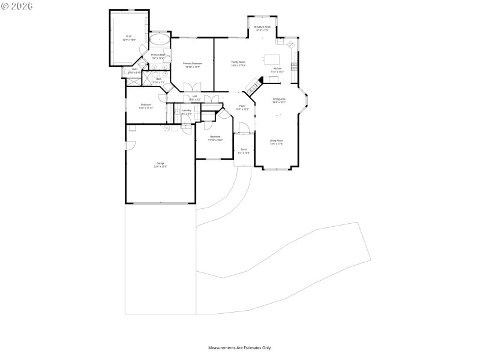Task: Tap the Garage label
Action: point(161,164)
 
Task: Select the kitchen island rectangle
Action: point(272,59)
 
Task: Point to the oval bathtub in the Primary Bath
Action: point(160,41)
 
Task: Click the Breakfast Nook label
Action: point(262,28)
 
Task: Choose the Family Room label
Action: point(239,63)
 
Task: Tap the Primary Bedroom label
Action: point(192,65)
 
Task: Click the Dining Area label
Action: point(279,100)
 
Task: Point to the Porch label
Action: point(244,151)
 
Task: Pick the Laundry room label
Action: point(187,112)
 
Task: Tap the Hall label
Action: point(195,97)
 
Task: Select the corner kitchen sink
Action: point(290,44)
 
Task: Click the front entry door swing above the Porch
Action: point(244,128)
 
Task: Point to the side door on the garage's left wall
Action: point(127,146)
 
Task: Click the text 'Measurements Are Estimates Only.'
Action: point(240,347)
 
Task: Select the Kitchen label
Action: point(277,70)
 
